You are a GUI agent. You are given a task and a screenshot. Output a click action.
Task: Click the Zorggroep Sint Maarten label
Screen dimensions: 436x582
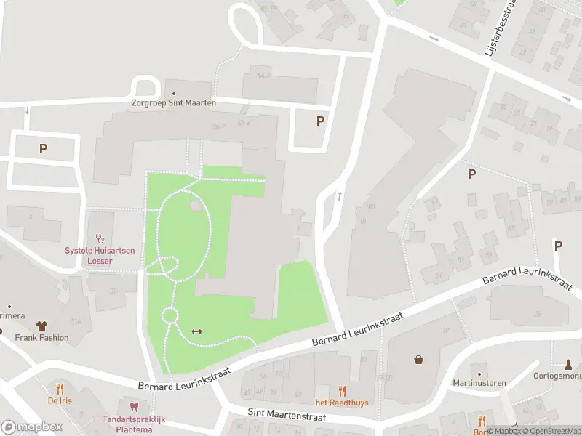coord(174,103)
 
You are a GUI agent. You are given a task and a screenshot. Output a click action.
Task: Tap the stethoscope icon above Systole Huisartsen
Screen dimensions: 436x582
coord(100,238)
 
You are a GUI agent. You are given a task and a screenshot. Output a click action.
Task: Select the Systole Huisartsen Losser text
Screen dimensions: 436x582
coord(100,255)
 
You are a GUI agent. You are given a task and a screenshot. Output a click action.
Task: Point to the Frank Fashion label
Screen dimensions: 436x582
coord(42,338)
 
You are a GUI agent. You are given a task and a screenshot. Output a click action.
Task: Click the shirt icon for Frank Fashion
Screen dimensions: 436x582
coord(41,326)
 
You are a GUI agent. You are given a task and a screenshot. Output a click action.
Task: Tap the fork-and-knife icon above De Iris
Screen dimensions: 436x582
coord(60,389)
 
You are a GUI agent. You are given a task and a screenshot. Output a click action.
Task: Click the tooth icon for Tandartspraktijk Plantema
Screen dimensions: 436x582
coord(133,408)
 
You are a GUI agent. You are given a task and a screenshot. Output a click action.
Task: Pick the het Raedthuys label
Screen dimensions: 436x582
coord(341,403)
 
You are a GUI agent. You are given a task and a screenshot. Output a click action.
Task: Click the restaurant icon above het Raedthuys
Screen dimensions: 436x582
coord(342,391)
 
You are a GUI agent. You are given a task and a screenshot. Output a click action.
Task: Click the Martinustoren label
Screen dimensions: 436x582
coord(479,383)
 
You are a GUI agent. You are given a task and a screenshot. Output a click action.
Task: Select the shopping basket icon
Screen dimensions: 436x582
coord(419,360)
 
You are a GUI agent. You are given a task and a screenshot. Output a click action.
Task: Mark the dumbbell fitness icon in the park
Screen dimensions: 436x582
coord(196,332)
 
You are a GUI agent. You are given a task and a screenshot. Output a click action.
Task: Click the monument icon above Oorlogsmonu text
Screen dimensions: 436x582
coord(569,364)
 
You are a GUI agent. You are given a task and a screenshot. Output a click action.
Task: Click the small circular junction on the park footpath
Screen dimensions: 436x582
coord(170,315)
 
